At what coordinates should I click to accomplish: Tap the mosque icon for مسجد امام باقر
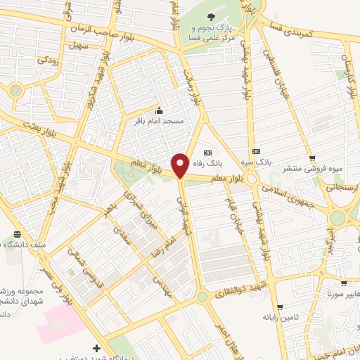coord(159,110)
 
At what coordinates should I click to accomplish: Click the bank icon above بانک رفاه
coord(207,153)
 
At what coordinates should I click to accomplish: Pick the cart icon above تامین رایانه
coord(280,307)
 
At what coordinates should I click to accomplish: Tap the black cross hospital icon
coord(96,348)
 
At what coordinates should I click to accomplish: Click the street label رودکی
coord(47,60)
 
